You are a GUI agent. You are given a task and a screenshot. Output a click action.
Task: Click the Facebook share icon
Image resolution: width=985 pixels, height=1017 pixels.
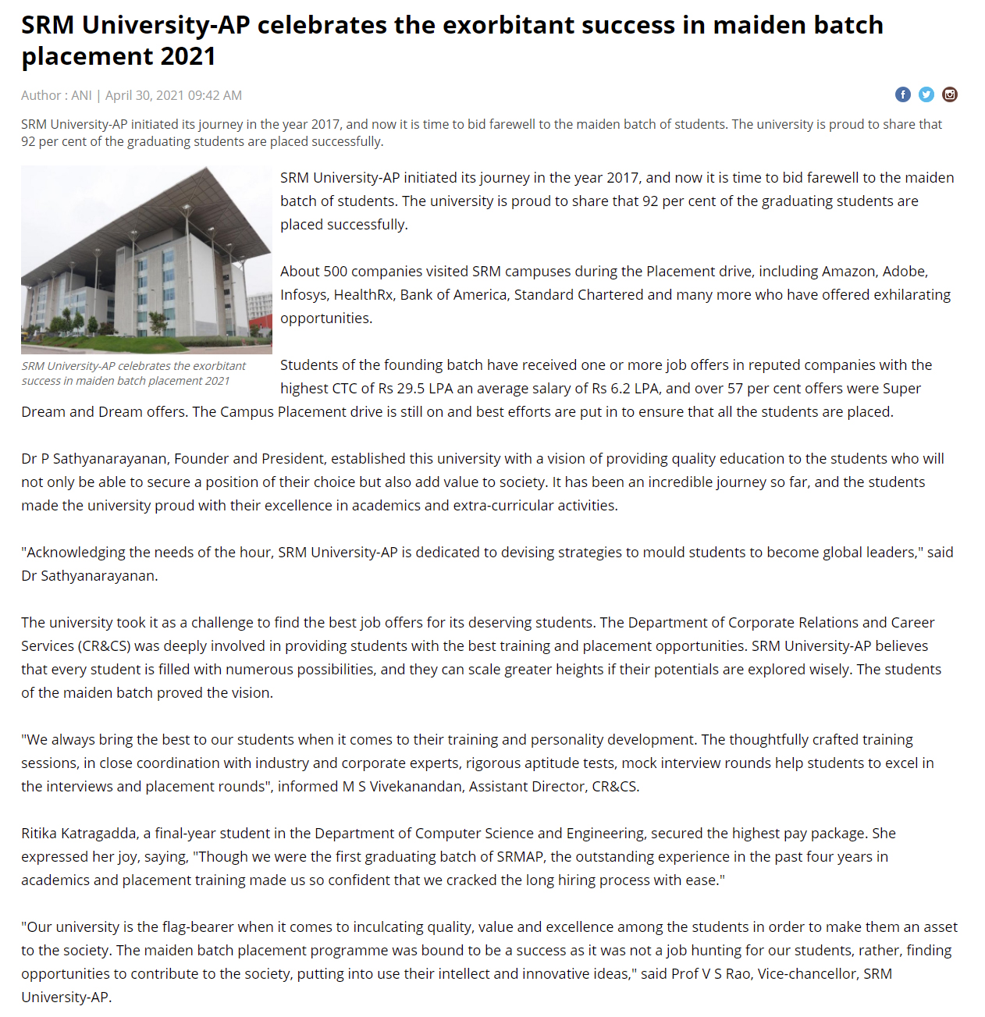(x=902, y=94)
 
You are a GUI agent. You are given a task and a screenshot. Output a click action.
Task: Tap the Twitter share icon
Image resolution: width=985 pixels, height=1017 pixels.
(x=926, y=94)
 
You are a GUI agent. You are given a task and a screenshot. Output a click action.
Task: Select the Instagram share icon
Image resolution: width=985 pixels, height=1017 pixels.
(x=950, y=94)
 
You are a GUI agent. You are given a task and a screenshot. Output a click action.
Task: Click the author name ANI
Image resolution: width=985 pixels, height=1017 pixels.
(x=81, y=95)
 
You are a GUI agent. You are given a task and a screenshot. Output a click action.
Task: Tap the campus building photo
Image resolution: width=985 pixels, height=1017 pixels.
(x=147, y=259)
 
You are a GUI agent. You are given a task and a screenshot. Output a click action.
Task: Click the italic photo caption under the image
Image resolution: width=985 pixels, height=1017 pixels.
(x=133, y=373)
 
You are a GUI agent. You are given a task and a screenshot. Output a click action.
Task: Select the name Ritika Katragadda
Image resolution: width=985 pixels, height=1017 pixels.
(x=79, y=834)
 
